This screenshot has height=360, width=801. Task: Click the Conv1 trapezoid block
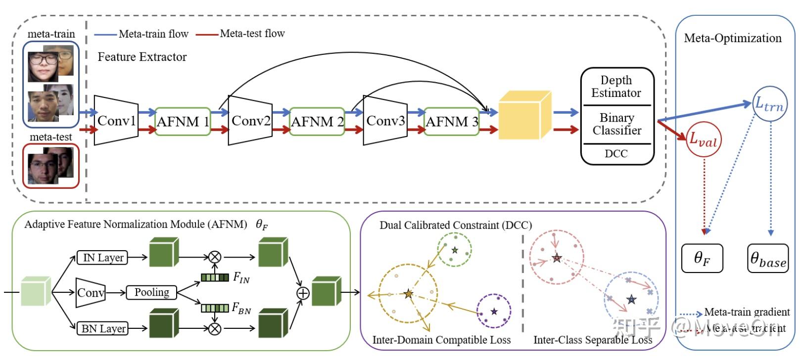(x=116, y=121)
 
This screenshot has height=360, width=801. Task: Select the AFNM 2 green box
(x=317, y=122)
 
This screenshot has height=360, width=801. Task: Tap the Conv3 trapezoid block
(x=385, y=121)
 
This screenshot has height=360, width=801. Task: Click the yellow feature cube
(x=524, y=115)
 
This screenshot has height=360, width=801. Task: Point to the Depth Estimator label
(x=616, y=87)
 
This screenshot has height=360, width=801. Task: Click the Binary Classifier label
(x=616, y=124)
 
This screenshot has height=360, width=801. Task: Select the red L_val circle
(x=704, y=139)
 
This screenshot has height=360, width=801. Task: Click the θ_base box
(x=767, y=258)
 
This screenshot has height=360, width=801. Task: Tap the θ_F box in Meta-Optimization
(x=702, y=258)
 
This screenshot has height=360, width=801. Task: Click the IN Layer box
(x=102, y=258)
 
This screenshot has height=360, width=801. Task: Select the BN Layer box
(x=102, y=328)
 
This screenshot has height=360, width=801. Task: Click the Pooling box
(x=151, y=293)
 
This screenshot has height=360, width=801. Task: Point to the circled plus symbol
(x=303, y=293)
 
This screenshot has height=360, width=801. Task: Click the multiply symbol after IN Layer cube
(x=214, y=257)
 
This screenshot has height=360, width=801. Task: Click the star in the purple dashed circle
(x=494, y=312)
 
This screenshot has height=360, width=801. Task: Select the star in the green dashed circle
(x=455, y=250)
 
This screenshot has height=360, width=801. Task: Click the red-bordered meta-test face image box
(x=50, y=166)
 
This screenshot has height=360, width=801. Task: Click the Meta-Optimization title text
(x=732, y=38)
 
